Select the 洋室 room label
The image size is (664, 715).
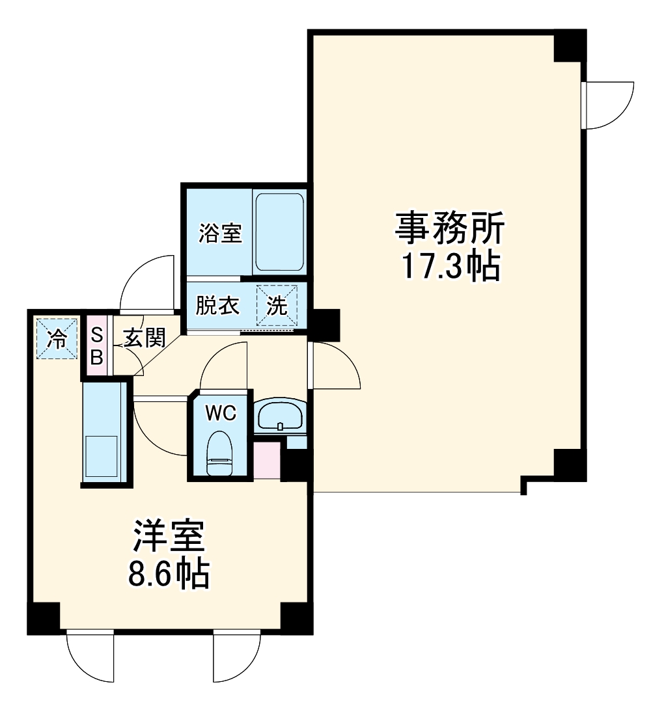coord(170,537)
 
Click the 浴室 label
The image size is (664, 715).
coord(220,232)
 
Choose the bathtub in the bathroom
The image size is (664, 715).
coord(279,232)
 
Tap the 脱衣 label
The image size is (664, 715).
coord(218,306)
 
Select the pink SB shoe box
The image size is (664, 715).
coord(96,346)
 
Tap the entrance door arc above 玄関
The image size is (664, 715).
coord(148,281)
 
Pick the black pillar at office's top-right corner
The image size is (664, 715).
coord(570,46)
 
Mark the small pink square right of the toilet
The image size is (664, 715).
coord(266,459)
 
